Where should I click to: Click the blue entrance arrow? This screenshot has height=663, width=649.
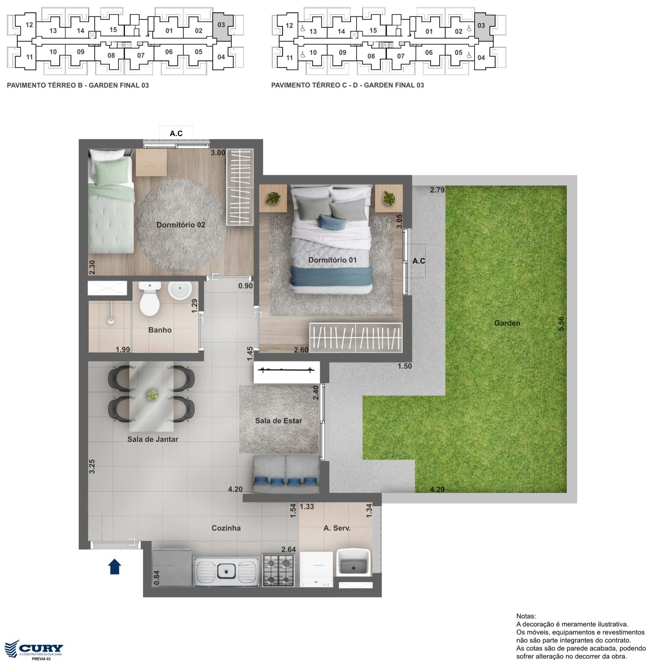[x=114, y=566]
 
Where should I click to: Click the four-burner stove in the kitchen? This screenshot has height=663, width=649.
[x=278, y=570]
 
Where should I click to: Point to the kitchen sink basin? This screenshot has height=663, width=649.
[x=226, y=571]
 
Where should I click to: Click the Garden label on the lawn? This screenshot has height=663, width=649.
[x=507, y=323]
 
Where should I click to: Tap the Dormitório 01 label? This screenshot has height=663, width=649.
[x=332, y=260]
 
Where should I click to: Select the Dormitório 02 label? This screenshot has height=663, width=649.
[x=181, y=225]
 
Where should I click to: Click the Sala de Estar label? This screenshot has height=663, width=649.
[x=279, y=420]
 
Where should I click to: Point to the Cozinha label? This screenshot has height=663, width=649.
[x=226, y=528]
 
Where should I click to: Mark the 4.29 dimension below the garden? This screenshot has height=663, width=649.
[x=437, y=490]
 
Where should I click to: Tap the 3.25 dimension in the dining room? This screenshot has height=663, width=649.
[x=92, y=466]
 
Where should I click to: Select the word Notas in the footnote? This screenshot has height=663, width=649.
[x=526, y=616]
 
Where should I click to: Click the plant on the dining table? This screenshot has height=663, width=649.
[x=152, y=395]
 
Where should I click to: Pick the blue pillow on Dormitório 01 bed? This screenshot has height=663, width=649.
[x=333, y=222]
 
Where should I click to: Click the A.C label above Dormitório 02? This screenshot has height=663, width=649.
[x=176, y=133]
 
